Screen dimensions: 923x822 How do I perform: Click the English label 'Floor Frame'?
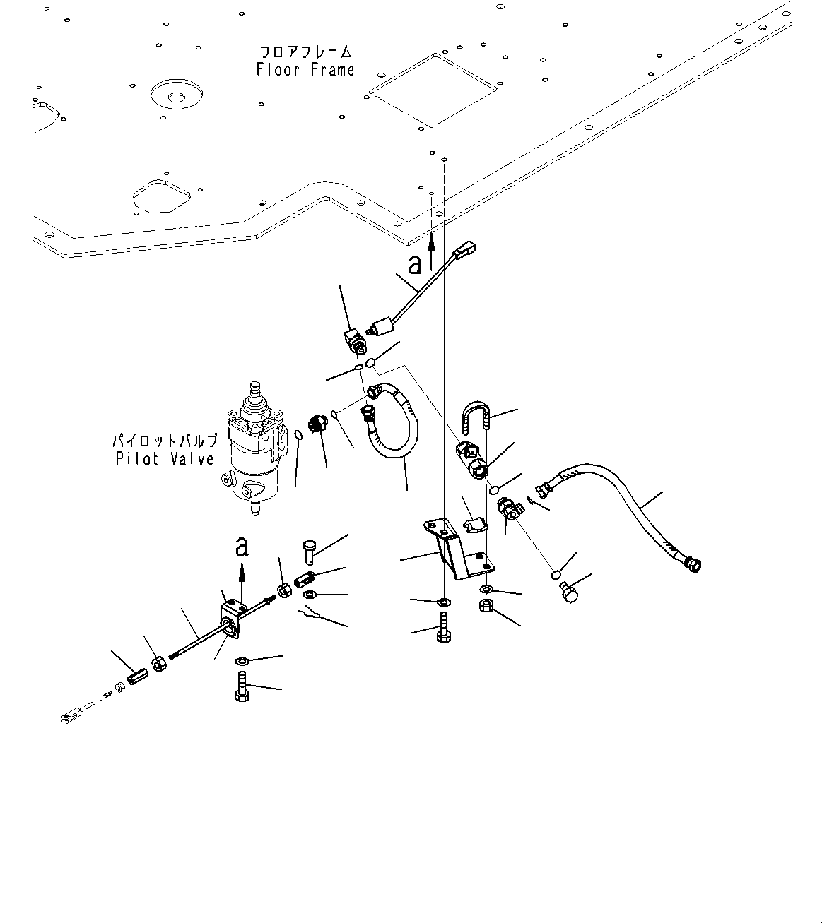point(305,69)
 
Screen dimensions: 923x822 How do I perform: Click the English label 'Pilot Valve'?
point(164,459)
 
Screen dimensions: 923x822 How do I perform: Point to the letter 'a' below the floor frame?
point(416,263)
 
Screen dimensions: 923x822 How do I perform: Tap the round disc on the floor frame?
point(177,95)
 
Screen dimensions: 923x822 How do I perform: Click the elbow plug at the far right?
point(570,591)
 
